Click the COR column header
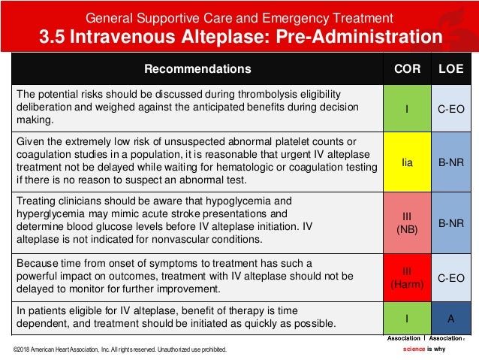406,69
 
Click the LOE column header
450,69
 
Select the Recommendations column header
197,69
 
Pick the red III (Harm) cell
406,277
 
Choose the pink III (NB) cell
406,222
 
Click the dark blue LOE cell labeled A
450,318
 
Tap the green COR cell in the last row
406,318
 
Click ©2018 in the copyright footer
23,349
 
